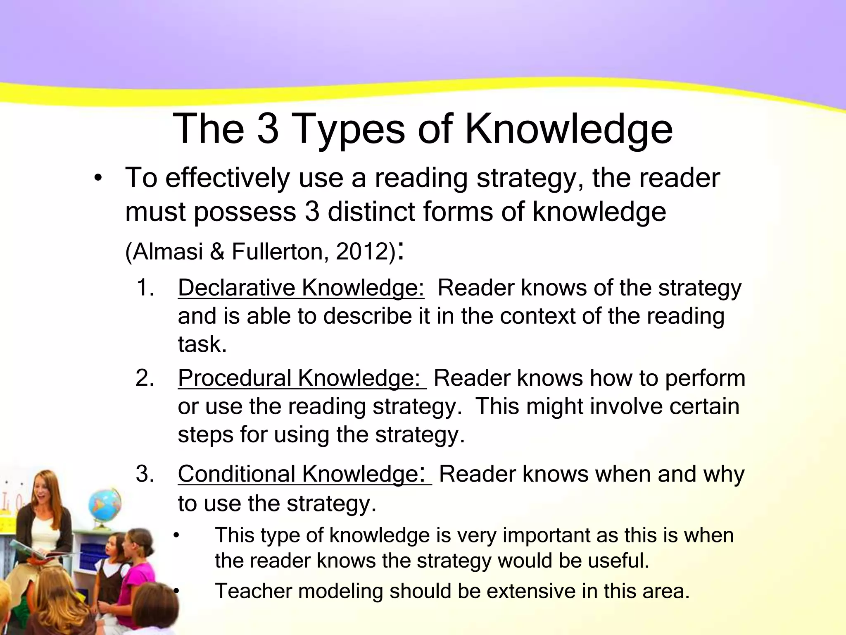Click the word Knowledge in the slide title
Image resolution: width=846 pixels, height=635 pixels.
[x=569, y=129]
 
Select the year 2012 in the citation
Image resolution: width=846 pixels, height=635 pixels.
[x=362, y=251]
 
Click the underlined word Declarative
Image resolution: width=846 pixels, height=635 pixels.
[x=236, y=288]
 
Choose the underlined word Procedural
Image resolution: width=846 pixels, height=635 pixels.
[x=234, y=378]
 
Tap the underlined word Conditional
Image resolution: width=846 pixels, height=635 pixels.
[x=237, y=474]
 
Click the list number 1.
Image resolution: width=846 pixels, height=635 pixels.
[x=145, y=288]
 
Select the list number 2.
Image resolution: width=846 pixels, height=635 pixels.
[x=145, y=378]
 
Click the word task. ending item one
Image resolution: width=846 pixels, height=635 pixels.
[x=202, y=344]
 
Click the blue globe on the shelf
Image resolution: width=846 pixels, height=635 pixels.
[x=105, y=507]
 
